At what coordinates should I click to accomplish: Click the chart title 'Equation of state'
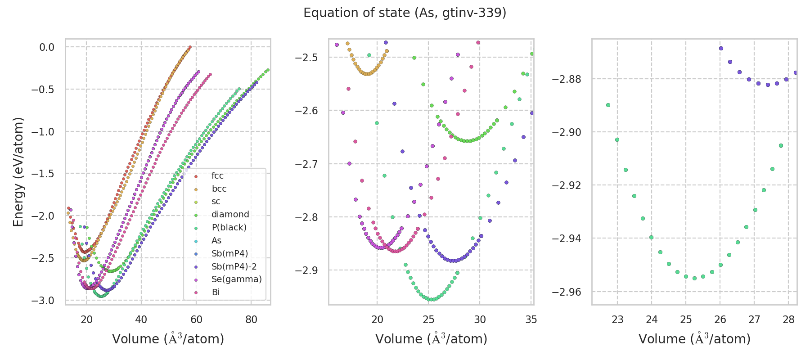[x=405, y=13]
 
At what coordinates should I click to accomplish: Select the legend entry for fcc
[x=217, y=176]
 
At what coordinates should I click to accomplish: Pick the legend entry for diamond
[x=230, y=215]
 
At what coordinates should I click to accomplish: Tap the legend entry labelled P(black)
[x=229, y=228]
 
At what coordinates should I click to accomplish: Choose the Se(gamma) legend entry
[x=236, y=279]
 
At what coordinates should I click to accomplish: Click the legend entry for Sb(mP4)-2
[x=234, y=266]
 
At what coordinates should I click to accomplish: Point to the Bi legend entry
[x=216, y=292]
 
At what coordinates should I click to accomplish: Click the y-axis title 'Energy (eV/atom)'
[x=18, y=172]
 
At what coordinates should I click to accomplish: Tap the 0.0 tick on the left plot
[x=47, y=47]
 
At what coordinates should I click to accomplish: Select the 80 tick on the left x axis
[x=251, y=319]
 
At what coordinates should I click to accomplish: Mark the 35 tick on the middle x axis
[x=531, y=319]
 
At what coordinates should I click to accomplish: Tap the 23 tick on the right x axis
[x=617, y=319]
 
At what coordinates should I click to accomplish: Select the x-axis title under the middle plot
[x=431, y=339]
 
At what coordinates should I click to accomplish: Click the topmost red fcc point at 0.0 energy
[x=190, y=47]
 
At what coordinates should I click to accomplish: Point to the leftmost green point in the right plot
[x=608, y=105]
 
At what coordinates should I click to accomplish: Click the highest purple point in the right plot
[x=721, y=48]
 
